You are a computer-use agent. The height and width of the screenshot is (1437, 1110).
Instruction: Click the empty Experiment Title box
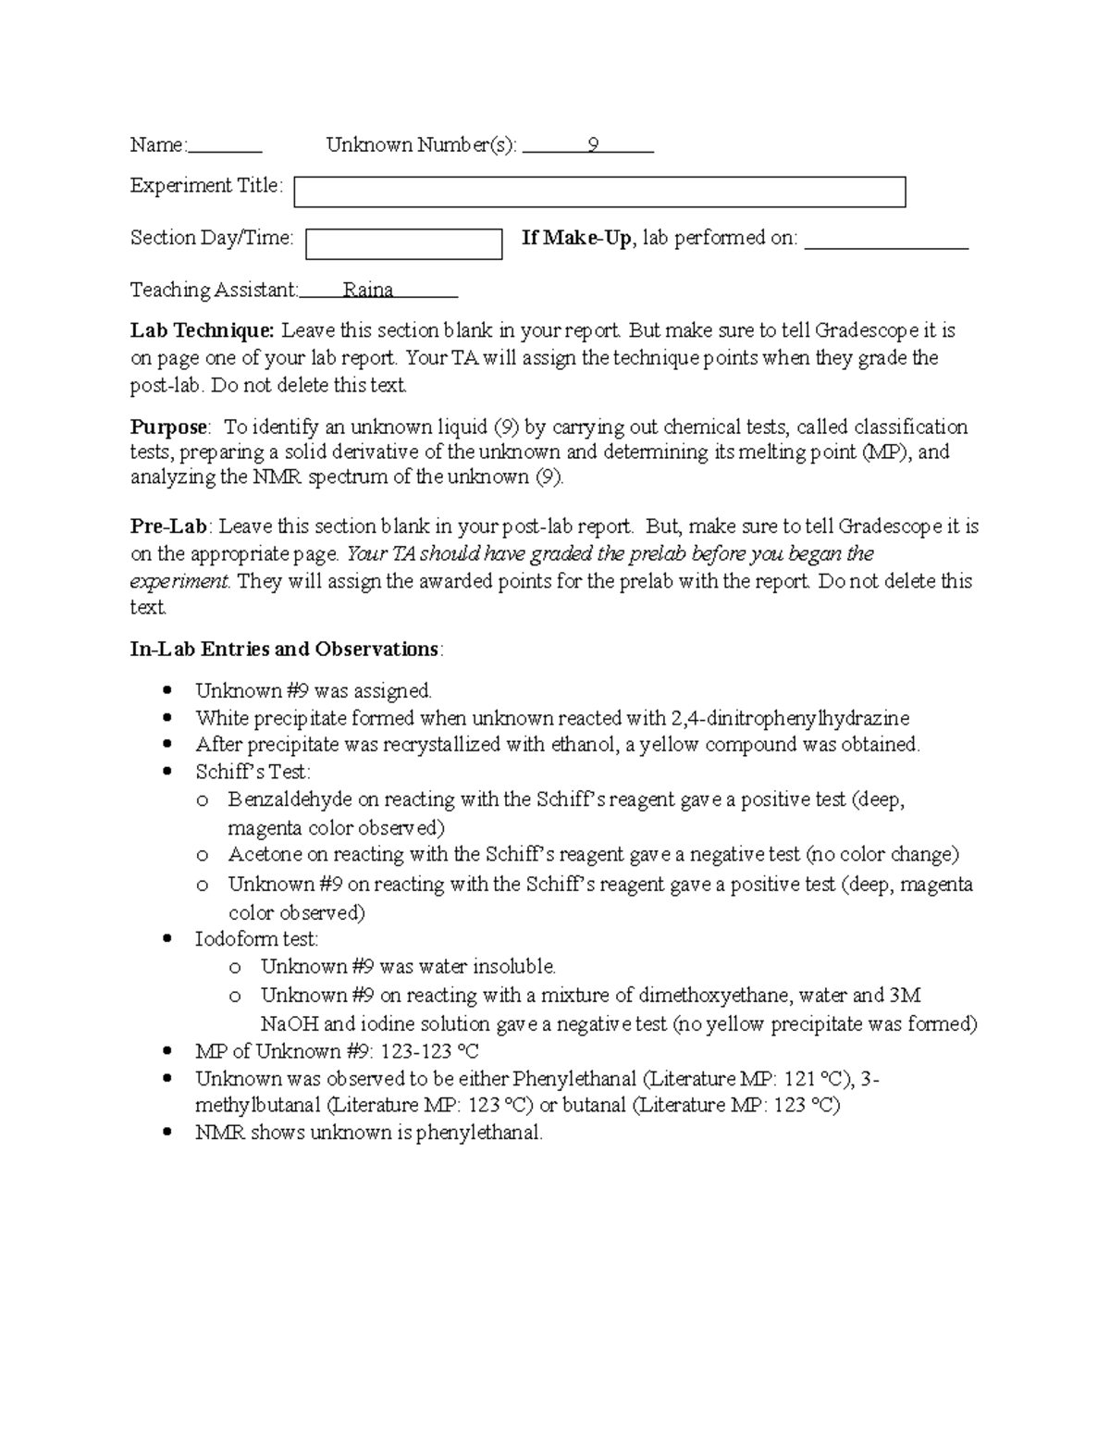[599, 192]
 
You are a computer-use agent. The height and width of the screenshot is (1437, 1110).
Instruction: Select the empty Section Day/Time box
[403, 244]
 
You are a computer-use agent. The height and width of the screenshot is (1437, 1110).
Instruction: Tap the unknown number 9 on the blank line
[593, 145]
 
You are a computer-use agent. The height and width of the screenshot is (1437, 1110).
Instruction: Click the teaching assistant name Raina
[368, 291]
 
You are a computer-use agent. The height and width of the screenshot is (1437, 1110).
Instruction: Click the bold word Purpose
[168, 427]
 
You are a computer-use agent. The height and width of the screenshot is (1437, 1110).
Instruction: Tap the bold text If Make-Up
[576, 239]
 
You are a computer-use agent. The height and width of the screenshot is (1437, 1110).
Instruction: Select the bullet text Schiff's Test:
[253, 772]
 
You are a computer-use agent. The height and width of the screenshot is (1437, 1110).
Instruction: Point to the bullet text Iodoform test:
[256, 939]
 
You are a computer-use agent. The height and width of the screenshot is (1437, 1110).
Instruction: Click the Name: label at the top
[158, 145]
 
